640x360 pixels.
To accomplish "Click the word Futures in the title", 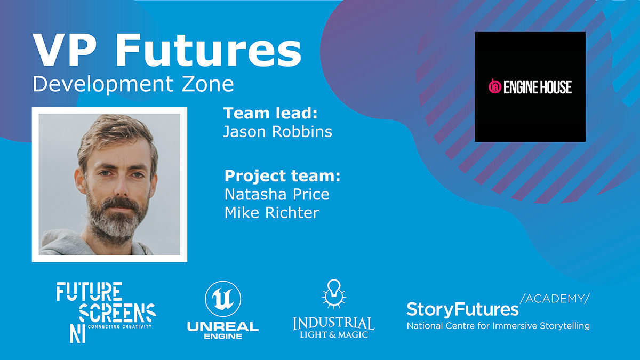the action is click(x=209, y=50).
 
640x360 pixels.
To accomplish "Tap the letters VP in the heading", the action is click(x=63, y=50).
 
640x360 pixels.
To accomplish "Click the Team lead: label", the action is click(x=270, y=113).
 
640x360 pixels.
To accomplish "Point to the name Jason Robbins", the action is click(x=277, y=132).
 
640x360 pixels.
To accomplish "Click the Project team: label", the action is click(x=282, y=175).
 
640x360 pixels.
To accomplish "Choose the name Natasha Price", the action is click(x=277, y=194).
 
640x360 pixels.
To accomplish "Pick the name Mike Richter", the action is click(x=271, y=213).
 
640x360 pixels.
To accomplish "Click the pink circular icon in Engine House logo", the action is click(x=495, y=86).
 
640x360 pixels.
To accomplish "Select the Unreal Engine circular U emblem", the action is click(x=223, y=299).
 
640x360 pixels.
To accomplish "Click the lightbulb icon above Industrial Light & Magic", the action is click(x=334, y=294).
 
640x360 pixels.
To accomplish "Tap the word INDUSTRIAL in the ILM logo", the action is click(x=333, y=323).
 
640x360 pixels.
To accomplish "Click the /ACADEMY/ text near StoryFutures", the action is click(x=555, y=299).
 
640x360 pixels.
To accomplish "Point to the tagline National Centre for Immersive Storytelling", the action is click(x=498, y=326).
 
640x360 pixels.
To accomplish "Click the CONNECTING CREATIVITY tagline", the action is click(x=119, y=326).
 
